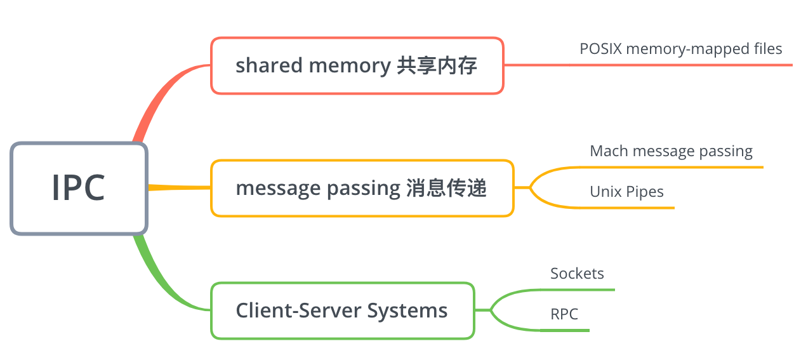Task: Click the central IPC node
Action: (79, 189)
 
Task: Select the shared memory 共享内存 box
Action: (357, 65)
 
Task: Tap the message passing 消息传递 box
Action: (362, 188)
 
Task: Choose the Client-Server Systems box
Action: (342, 310)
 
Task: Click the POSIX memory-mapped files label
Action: (680, 49)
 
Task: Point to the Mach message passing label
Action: (671, 151)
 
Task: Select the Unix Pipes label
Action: (626, 192)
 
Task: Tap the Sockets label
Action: (577, 274)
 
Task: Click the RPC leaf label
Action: (564, 314)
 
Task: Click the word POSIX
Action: (600, 49)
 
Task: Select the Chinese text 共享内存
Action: (437, 65)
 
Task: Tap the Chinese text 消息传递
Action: (446, 188)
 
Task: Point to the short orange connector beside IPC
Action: (179, 187)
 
